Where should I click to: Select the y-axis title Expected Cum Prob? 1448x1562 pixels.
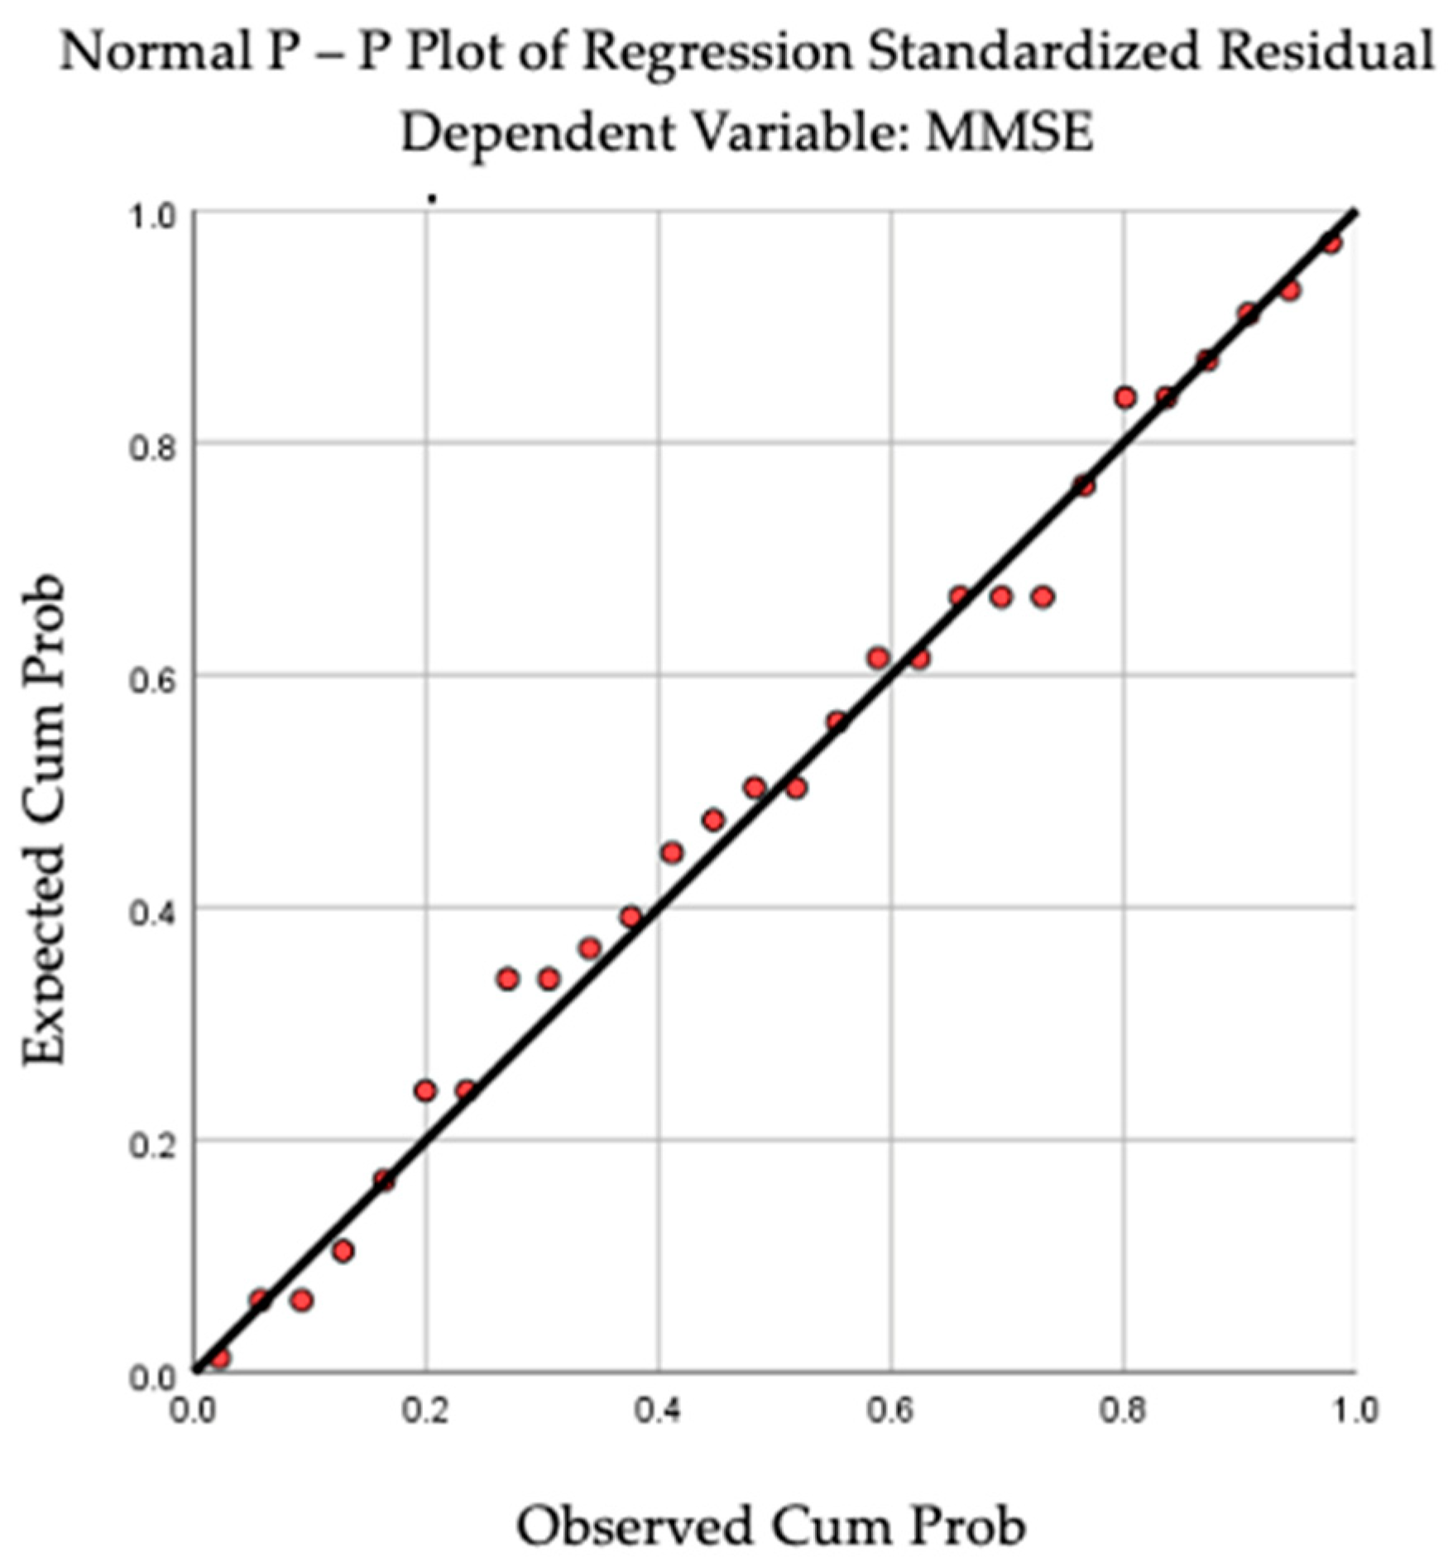43,820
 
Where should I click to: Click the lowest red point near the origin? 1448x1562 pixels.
219,1358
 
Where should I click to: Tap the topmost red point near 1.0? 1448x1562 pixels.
1331,242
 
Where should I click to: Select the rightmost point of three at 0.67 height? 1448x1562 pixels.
1043,597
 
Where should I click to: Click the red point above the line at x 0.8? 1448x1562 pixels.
1124,397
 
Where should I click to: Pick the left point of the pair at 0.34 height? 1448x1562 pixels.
507,979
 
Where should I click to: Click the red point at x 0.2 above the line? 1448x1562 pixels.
425,1090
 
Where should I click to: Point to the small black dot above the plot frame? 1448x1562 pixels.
431,199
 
